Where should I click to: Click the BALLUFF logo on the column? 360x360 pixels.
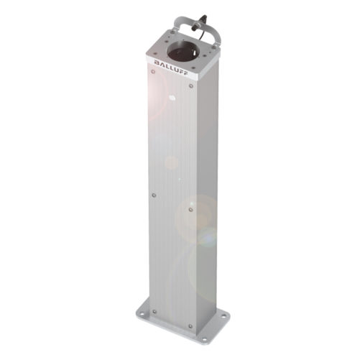point(171,68)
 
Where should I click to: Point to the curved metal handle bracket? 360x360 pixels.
point(196,27)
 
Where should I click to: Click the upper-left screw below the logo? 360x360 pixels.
point(153,72)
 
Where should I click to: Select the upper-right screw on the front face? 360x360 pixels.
point(191,86)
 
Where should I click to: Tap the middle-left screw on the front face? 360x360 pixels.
point(154,195)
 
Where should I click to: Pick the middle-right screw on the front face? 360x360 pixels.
point(190,210)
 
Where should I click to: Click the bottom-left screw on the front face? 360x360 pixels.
point(154,312)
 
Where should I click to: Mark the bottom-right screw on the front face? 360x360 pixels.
point(190,326)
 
